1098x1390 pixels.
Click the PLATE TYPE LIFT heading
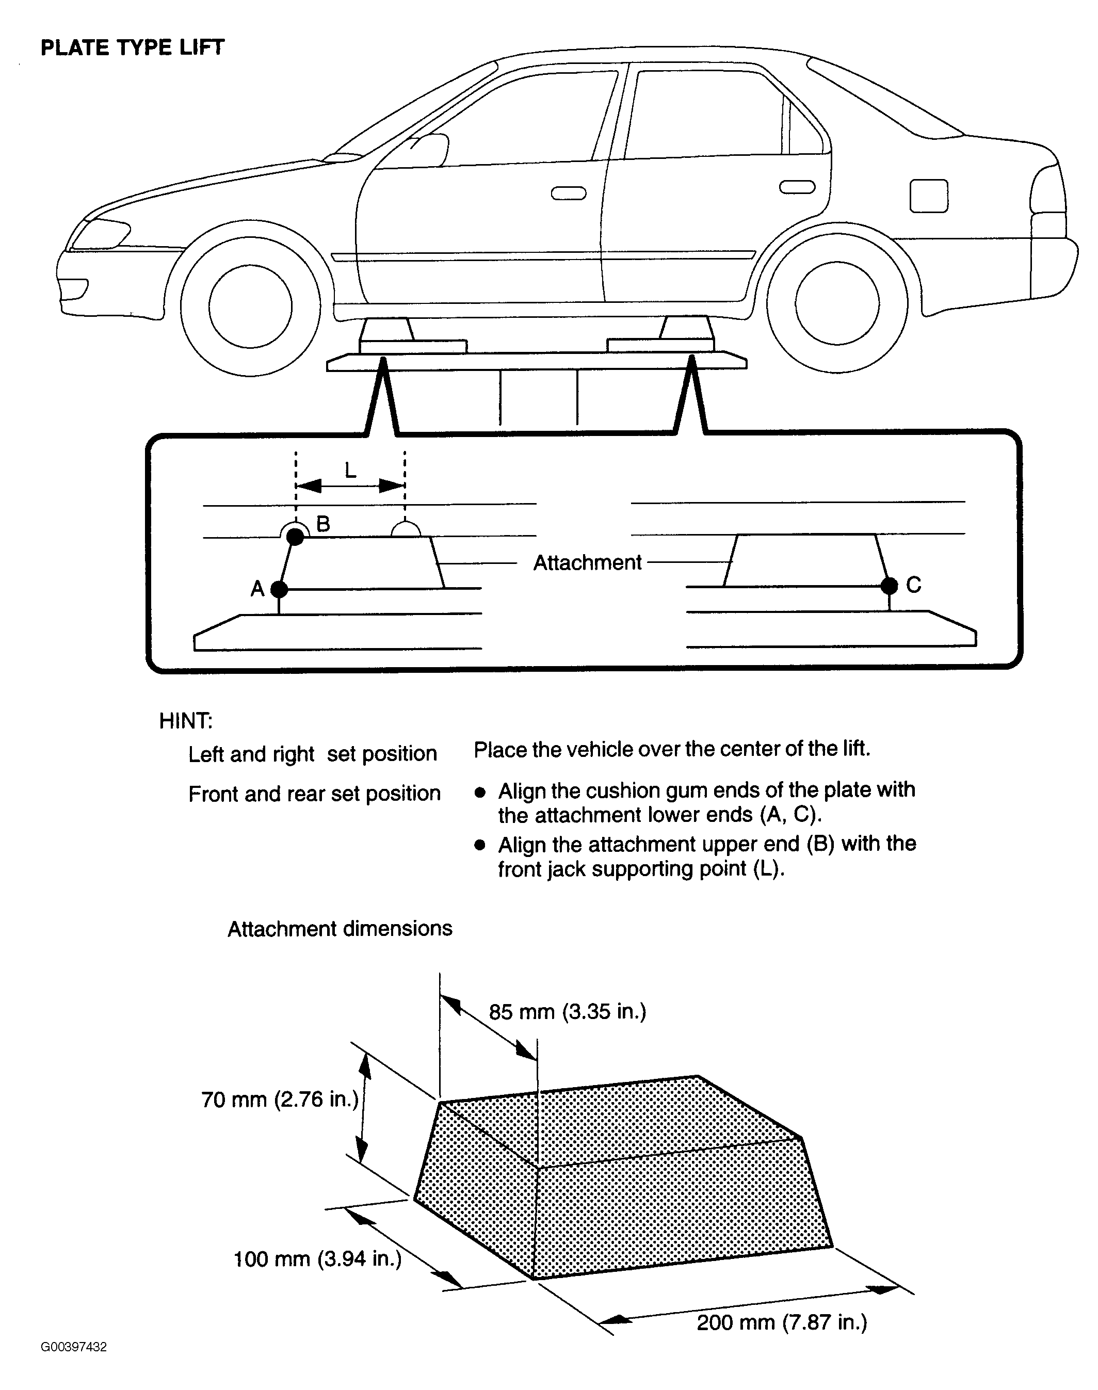(133, 47)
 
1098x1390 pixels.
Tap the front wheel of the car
(250, 306)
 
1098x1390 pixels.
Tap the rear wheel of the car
(836, 303)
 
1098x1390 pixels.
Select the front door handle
(568, 193)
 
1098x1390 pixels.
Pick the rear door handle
(797, 187)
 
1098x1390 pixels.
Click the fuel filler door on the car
(928, 196)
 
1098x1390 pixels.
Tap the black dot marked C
(889, 586)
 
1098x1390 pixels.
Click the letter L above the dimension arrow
(350, 471)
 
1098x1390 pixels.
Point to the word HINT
(185, 721)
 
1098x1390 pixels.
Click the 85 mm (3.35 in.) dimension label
(567, 1012)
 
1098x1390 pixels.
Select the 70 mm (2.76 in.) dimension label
(280, 1100)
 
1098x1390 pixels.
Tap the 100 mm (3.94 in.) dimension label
(317, 1258)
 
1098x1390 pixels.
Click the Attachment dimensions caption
(340, 928)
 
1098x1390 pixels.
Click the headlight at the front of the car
(100, 234)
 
